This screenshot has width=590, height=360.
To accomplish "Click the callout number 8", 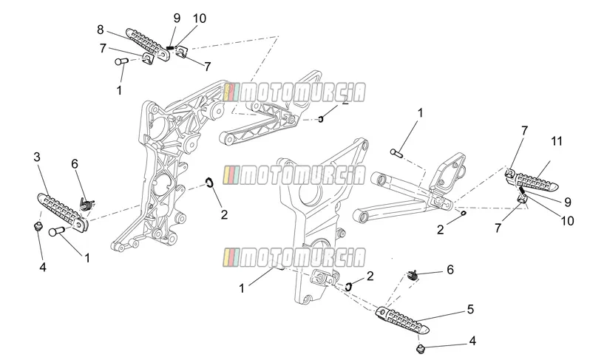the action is point(100,30).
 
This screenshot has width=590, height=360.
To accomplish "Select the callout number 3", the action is point(36,157).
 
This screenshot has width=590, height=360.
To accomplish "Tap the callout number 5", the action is point(470,309).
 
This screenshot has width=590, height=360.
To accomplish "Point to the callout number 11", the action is point(557,141).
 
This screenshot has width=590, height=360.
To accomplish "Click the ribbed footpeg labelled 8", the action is point(146,44).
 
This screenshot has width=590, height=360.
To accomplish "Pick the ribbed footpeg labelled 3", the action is point(62,212).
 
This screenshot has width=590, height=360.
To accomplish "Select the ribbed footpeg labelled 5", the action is point(403,322).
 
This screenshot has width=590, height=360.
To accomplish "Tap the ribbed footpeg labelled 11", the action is point(534,181).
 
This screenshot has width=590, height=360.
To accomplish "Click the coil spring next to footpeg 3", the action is point(87,205).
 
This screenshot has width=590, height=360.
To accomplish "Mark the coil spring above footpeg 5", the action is point(413,276).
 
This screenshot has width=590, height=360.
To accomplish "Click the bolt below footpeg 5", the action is point(421,349).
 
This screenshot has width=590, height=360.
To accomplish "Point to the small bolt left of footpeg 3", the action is point(37,226).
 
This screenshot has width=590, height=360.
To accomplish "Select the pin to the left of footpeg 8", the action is point(121,61).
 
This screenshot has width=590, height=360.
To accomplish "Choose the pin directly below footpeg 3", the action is point(56,231).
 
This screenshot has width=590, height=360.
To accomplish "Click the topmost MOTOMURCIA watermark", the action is point(294,93).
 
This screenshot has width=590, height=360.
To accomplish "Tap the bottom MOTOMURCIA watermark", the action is point(294,258).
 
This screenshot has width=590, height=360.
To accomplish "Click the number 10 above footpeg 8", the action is point(200,18).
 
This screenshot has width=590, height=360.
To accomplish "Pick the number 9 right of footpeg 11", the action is point(567,203).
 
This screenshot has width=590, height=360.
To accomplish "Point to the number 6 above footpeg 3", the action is point(75,164).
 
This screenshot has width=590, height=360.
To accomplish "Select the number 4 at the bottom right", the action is point(472,342).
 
